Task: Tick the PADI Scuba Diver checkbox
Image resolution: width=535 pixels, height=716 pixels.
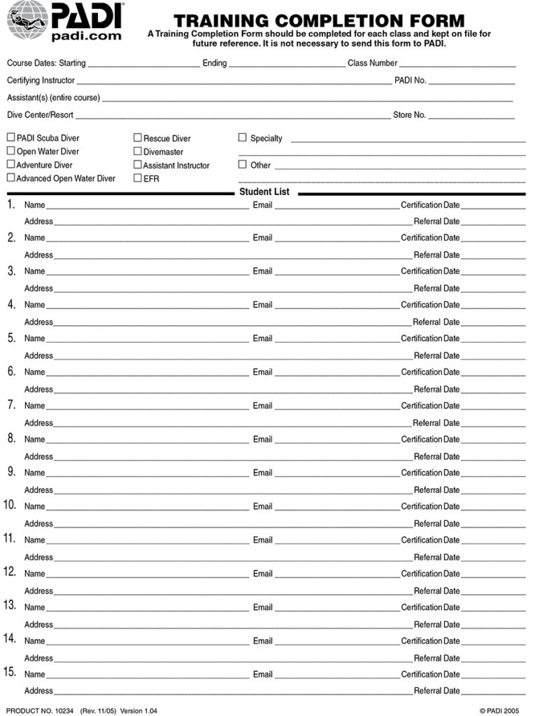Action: [x=11, y=138]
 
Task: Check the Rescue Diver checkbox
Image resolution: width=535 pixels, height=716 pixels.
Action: [x=138, y=138]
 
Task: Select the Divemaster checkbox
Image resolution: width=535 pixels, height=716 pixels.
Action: [x=138, y=151]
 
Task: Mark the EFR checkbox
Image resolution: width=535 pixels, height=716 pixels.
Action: [x=138, y=178]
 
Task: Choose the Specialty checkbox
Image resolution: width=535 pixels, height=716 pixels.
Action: [x=243, y=138]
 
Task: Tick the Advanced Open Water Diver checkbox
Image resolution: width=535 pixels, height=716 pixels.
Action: [x=11, y=178]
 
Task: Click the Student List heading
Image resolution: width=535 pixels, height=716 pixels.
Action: [x=264, y=192]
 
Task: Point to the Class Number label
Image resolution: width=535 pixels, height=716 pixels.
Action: [x=372, y=63]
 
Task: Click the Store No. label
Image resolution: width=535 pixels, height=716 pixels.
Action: [x=409, y=115]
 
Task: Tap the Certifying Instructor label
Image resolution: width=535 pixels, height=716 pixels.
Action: [x=41, y=80]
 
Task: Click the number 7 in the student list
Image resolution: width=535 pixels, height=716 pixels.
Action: [x=11, y=405]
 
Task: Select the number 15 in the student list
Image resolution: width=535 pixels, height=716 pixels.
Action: [x=10, y=673]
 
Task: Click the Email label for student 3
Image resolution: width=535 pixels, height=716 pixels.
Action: [x=262, y=271]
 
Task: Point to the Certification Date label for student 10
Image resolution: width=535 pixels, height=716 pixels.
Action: [x=430, y=506]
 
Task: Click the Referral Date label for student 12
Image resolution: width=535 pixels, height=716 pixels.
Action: [x=436, y=591]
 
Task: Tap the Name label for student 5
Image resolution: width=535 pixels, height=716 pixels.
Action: [x=34, y=338]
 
